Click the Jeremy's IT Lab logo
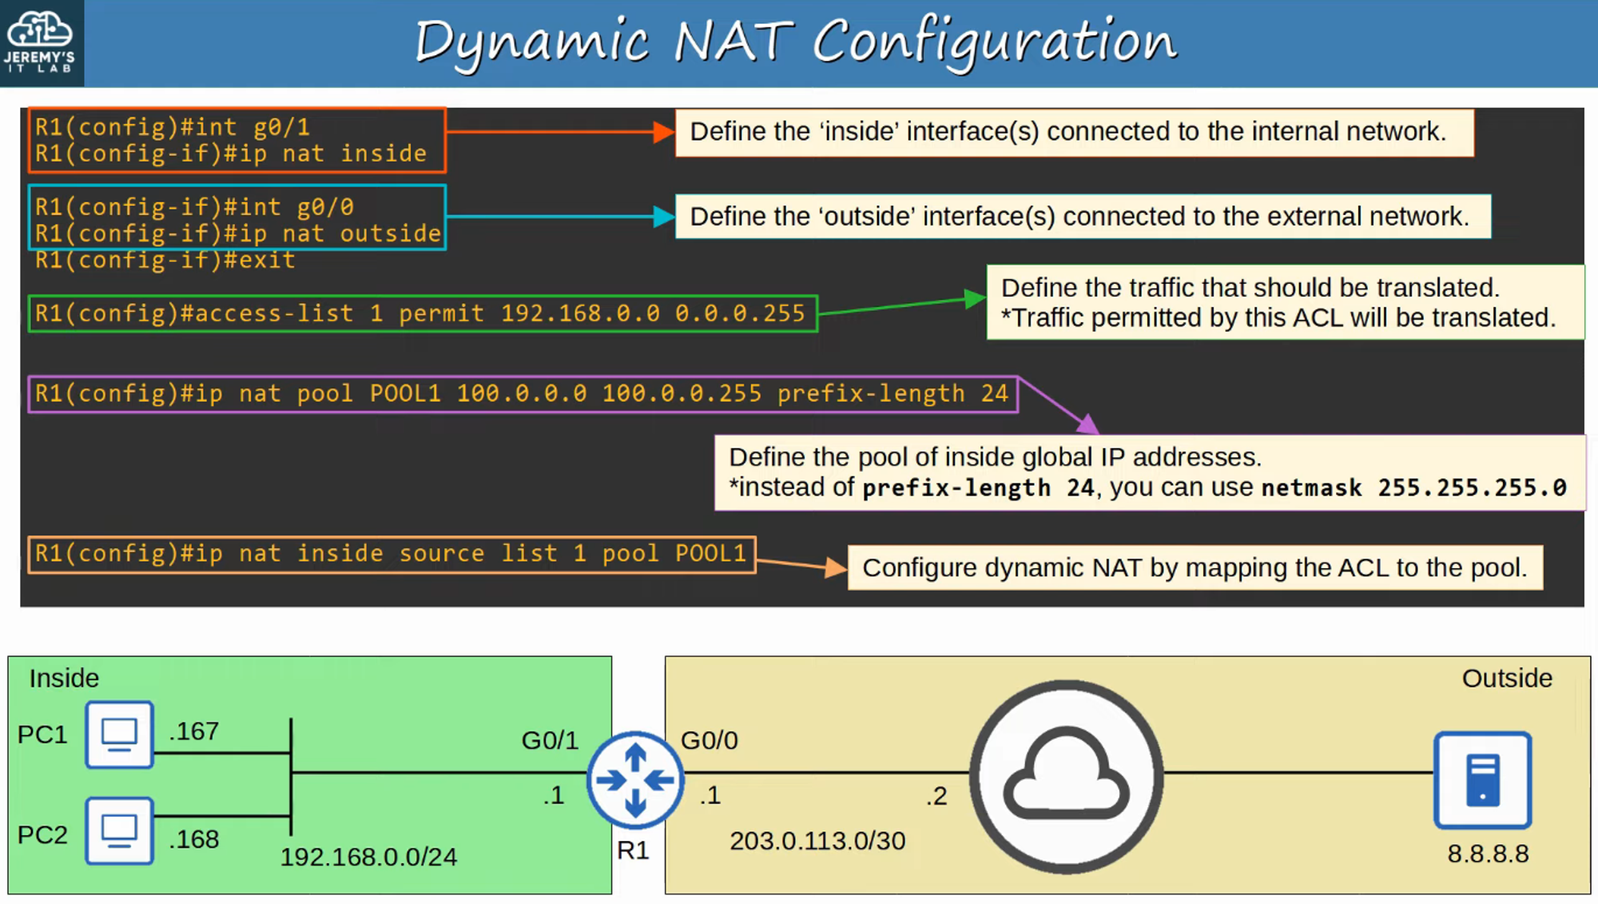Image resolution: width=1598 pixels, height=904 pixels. [x=40, y=42]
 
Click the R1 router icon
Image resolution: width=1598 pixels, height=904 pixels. [x=635, y=779]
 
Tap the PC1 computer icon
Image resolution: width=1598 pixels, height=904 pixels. [x=119, y=735]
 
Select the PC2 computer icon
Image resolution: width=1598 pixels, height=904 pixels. [x=119, y=830]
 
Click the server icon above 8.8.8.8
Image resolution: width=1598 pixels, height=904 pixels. [x=1482, y=779]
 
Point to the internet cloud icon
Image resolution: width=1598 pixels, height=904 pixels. [x=1066, y=776]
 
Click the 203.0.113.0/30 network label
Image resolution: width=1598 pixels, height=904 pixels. [x=817, y=841]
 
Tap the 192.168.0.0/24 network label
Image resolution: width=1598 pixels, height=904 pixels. [x=368, y=857]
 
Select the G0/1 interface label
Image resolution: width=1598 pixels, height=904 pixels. [x=550, y=740]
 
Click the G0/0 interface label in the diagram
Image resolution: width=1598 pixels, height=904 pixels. [x=710, y=740]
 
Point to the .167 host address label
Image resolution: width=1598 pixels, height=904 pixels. [x=194, y=731]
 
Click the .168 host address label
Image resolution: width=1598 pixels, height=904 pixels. [x=194, y=839]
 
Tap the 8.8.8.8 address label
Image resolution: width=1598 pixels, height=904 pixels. [x=1488, y=854]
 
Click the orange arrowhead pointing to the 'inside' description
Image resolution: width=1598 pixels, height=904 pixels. [x=663, y=133]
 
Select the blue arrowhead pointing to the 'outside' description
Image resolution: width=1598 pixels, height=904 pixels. [x=663, y=217]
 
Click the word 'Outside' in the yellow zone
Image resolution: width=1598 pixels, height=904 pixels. [x=1507, y=679]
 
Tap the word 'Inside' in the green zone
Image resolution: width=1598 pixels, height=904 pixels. [x=64, y=679]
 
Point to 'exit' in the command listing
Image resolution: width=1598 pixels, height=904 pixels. [x=267, y=261]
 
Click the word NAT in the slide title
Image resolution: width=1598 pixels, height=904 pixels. [x=733, y=42]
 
